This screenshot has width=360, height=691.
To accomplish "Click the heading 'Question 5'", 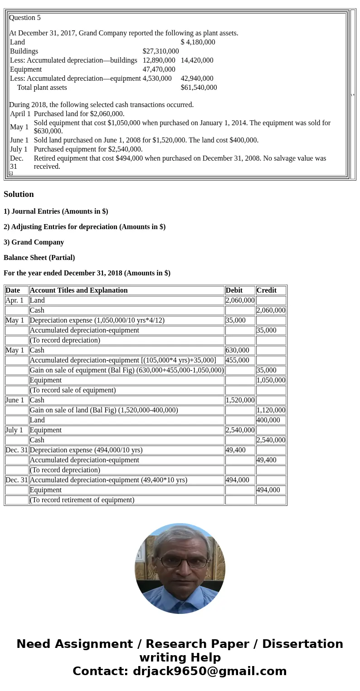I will point(25,18).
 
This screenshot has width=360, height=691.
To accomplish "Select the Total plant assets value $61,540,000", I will point(199,88).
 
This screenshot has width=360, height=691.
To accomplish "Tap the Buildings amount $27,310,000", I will point(161,51).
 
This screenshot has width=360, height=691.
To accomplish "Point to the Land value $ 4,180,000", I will point(198,42).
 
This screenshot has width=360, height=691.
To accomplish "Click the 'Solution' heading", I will point(19,194).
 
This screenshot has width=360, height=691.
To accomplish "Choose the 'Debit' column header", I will point(234,290).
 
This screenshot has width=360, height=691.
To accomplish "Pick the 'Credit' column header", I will point(267,290).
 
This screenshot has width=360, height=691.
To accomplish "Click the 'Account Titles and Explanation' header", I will point(78,290).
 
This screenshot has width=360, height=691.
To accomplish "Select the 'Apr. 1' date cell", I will point(15,300).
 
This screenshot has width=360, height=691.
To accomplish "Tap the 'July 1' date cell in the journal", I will point(15,430).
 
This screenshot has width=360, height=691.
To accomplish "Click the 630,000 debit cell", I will point(238,350).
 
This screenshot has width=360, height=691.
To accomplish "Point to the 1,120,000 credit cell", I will point(271,410).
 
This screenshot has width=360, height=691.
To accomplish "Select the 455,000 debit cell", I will point(238,360).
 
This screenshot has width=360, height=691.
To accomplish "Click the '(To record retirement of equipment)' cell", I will point(82,500).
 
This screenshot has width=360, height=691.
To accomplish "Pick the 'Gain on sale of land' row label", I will point(104,410).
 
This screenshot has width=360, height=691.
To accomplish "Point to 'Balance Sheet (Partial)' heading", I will point(39,258).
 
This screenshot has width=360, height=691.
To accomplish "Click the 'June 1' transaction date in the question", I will point(19,140).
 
